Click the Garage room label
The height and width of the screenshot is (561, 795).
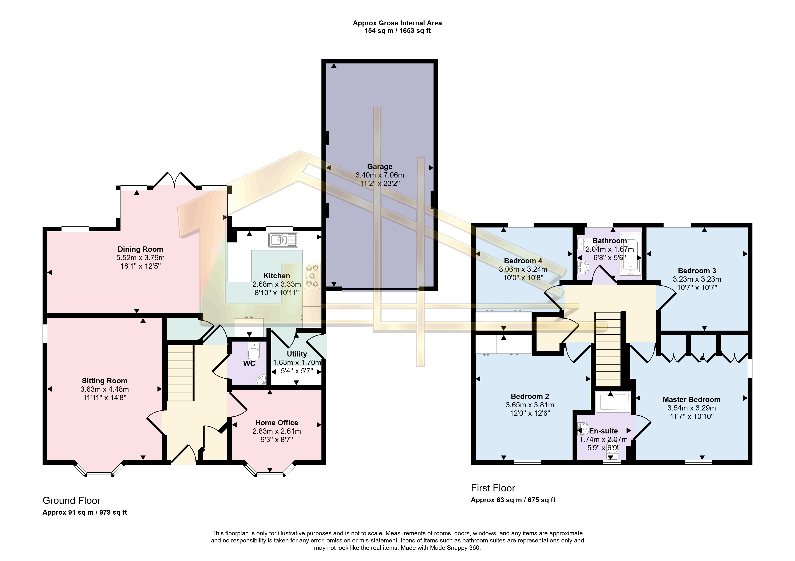pyautogui.click(x=380, y=167)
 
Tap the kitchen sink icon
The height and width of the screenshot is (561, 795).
pyautogui.click(x=283, y=240)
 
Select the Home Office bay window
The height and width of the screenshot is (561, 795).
pyautogui.click(x=270, y=469)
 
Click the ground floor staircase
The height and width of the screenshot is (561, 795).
pyautogui.click(x=180, y=373)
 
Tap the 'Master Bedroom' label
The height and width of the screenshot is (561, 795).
pyautogui.click(x=692, y=400)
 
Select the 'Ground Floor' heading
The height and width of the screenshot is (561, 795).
pyautogui.click(x=71, y=501)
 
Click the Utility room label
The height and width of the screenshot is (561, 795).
pyautogui.click(x=297, y=354)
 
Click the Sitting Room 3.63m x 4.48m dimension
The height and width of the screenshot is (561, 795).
pyautogui.click(x=104, y=389)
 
